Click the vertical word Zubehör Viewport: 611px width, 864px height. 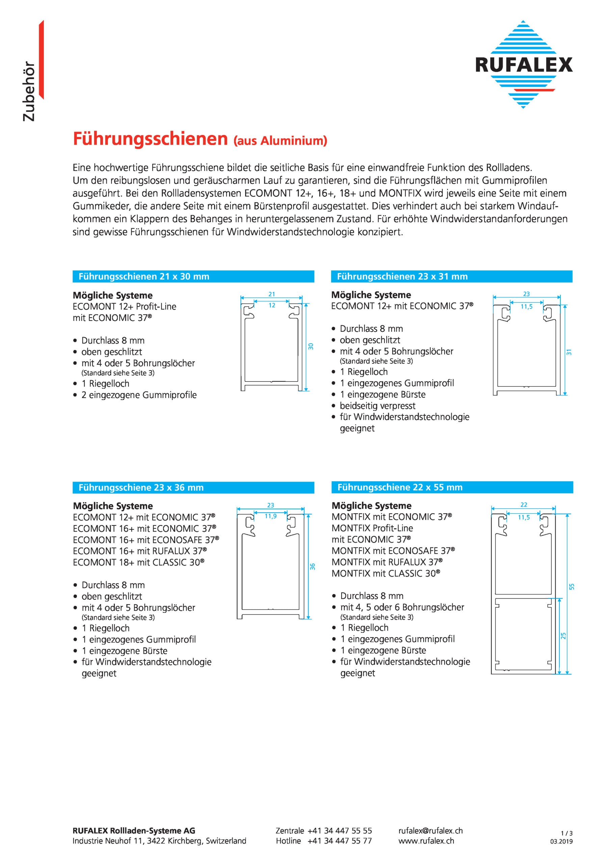29,91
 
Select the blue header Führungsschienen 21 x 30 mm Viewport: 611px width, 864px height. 143,277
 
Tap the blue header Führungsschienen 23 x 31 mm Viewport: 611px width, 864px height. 402,277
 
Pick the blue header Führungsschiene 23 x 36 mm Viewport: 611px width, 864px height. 141,488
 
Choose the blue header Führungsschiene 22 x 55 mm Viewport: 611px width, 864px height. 399,487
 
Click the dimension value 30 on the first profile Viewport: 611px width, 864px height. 311,347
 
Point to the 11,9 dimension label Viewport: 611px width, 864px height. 270,516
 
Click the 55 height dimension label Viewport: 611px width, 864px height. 572,586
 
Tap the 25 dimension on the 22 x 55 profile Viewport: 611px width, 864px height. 563,636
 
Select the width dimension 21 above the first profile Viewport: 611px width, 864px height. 271,294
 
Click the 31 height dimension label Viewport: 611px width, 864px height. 569,352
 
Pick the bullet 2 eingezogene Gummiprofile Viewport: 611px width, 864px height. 139,395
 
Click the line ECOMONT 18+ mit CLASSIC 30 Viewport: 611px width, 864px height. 138,563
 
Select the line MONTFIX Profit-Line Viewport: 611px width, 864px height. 372,528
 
